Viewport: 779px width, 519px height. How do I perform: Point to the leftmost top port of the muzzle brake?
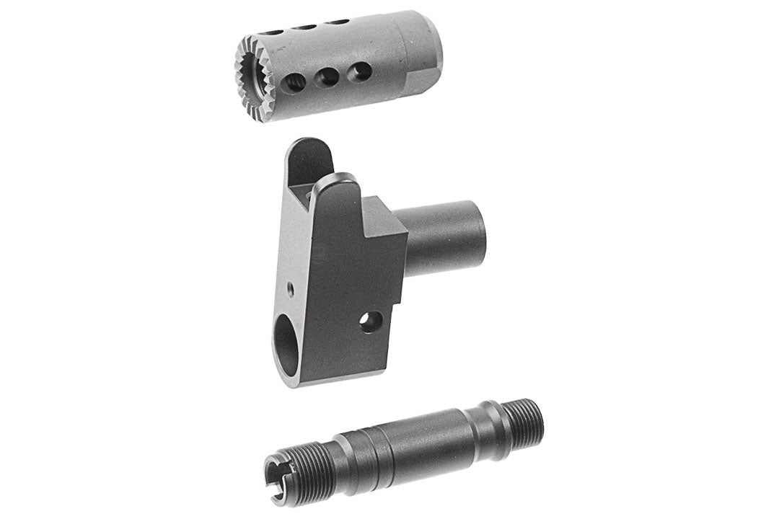click(273, 32)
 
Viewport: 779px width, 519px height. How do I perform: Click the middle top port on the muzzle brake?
click(306, 27)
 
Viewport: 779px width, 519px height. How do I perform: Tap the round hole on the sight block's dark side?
click(370, 322)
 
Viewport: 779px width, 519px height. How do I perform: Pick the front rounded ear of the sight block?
click(339, 189)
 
